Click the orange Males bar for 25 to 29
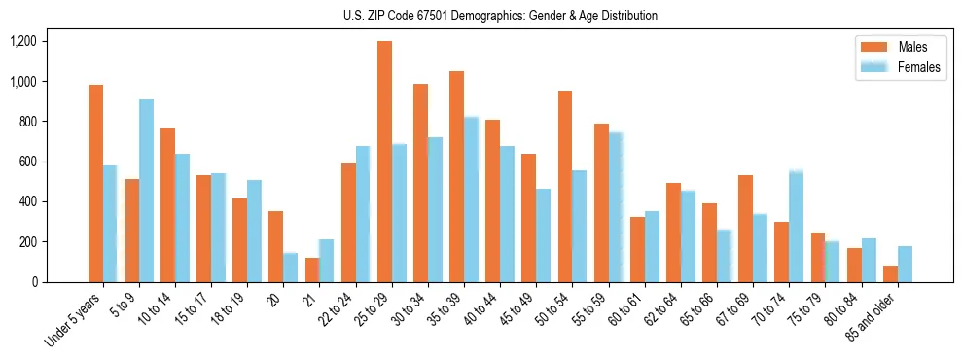tap(384, 162)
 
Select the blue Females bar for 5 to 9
tap(146, 191)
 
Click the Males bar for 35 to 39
tap(456, 176)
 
